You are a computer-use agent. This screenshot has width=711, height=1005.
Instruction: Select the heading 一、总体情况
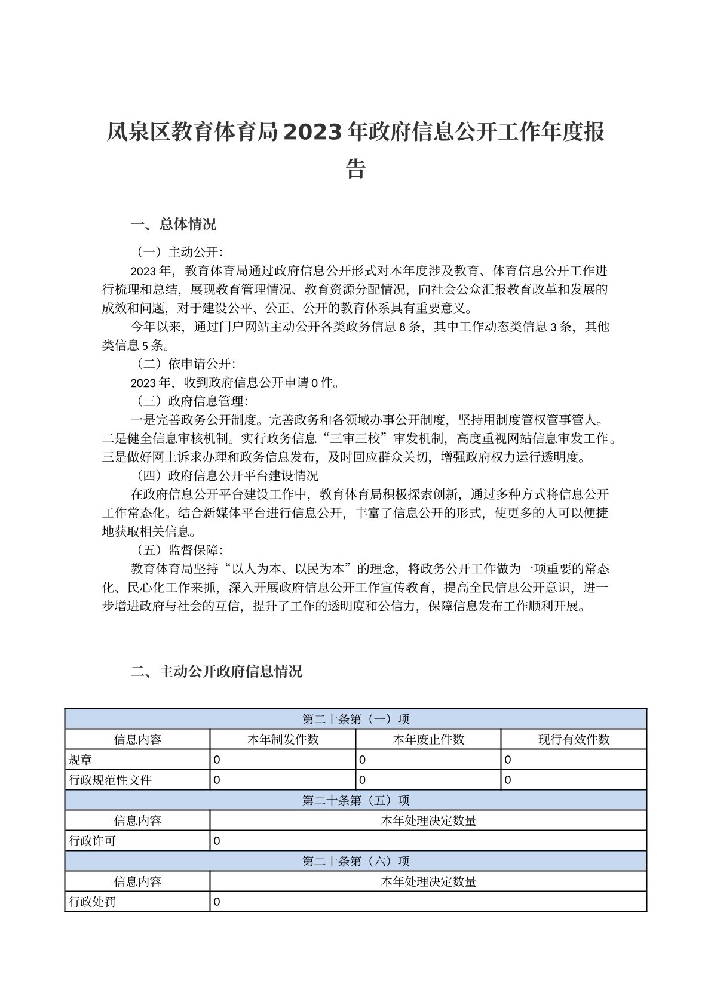173,225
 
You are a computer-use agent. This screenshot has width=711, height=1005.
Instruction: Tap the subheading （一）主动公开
176,252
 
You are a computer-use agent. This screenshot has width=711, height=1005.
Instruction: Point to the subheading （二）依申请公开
183,364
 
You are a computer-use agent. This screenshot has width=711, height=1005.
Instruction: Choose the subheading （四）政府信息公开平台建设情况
225,475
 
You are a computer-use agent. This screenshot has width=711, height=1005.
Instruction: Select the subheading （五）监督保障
176,550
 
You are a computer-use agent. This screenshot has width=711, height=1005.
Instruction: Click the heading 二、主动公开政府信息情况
216,671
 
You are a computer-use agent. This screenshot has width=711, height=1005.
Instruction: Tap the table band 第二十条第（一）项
355,719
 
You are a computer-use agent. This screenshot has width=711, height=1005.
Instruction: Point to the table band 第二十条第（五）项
355,800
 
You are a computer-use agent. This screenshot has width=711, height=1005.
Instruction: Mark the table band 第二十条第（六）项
355,861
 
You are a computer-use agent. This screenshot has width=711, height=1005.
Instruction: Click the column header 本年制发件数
283,739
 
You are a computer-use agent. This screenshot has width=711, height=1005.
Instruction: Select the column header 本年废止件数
428,739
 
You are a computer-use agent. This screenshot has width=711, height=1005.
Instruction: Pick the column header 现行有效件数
574,739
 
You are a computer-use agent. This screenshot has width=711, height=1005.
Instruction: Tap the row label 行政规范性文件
111,780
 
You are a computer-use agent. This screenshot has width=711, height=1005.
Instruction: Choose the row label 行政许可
93,841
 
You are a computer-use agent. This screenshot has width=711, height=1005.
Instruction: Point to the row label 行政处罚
93,902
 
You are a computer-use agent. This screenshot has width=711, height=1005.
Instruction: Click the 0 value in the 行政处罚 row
217,902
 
